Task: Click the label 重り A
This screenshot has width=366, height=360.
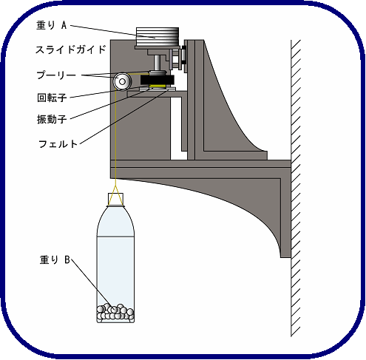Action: pyautogui.click(x=52, y=25)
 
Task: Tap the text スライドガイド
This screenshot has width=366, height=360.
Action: pyautogui.click(x=71, y=50)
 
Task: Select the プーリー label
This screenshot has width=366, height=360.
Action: pyautogui.click(x=56, y=75)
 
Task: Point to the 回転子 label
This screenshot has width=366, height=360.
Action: pyautogui.click(x=52, y=98)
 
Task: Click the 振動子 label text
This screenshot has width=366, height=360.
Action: pyautogui.click(x=52, y=119)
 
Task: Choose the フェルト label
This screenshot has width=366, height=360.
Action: pyautogui.click(x=58, y=143)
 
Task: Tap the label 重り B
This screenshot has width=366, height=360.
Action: pyautogui.click(x=55, y=260)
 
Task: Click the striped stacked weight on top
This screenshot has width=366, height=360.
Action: pyautogui.click(x=157, y=37)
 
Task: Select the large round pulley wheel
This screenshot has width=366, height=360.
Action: pyautogui.click(x=122, y=81)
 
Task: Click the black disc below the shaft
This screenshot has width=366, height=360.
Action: pyautogui.click(x=157, y=80)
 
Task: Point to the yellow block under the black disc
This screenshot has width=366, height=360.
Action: pyautogui.click(x=157, y=86)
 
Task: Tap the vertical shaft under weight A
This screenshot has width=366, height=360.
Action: pyautogui.click(x=157, y=63)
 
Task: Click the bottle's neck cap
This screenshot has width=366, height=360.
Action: pyautogui.click(x=115, y=200)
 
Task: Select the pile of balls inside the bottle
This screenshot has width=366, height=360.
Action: pyautogui.click(x=115, y=312)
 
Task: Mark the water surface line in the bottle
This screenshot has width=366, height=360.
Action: pyautogui.click(x=115, y=237)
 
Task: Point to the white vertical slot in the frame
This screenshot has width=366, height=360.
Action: pyautogui.click(x=176, y=128)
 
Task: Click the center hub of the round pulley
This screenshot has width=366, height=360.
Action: pyautogui.click(x=122, y=81)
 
